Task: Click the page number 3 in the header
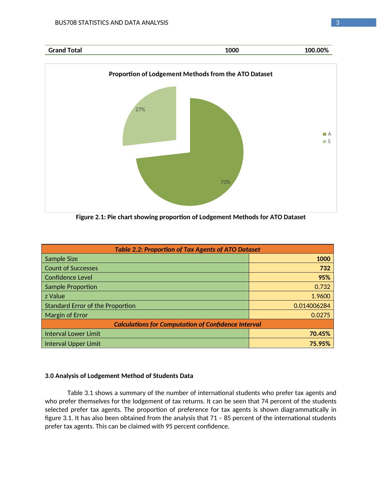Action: tap(337, 23)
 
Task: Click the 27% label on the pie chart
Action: tap(140, 110)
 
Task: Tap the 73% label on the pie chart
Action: tap(225, 182)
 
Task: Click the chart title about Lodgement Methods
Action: tap(191, 74)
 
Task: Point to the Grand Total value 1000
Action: tap(232, 50)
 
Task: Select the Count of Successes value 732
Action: tap(325, 268)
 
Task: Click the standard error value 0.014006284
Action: tap(312, 306)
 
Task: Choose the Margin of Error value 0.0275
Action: tap(320, 315)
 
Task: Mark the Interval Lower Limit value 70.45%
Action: tap(320, 334)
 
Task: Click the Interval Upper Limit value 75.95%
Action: tap(320, 344)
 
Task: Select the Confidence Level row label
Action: tap(68, 277)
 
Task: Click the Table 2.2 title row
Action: tap(187, 249)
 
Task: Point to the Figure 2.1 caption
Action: tap(191, 217)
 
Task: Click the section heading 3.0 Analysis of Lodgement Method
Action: tap(119, 376)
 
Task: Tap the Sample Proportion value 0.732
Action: tap(322, 287)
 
